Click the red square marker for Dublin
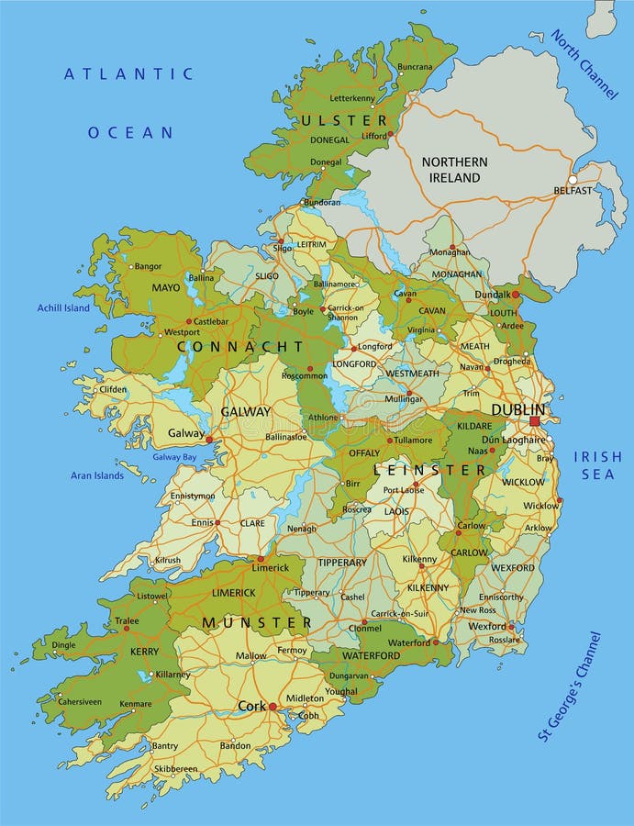[x=535, y=421]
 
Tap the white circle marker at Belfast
[x=573, y=180]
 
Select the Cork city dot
[x=273, y=707]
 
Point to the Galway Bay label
[x=174, y=457]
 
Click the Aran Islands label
[x=97, y=475]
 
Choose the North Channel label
[x=584, y=64]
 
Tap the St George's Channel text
[x=570, y=686]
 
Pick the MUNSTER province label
[x=257, y=622]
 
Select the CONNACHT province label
[x=239, y=346]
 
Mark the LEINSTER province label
[x=429, y=470]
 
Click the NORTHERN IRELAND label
[x=454, y=170]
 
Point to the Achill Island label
[x=63, y=308]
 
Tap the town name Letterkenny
[x=352, y=97]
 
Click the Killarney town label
[x=172, y=675]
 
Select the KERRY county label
[x=145, y=651]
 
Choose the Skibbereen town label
[x=174, y=768]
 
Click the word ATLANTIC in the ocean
[x=128, y=74]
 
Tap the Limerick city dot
[x=261, y=558]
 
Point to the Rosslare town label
[x=506, y=641]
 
